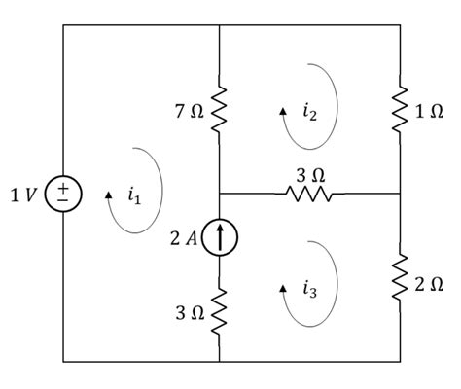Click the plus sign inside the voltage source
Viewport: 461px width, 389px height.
(63, 188)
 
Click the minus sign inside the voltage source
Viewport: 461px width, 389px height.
(63, 200)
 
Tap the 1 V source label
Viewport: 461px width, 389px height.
(24, 194)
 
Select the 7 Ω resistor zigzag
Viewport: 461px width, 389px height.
(220, 111)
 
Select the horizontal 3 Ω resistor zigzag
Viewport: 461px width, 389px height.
(310, 194)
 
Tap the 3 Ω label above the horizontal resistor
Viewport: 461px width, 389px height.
(310, 175)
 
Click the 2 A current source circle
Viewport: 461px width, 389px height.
(220, 235)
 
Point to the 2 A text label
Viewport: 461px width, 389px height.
(185, 236)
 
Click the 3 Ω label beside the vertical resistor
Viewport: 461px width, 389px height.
(190, 312)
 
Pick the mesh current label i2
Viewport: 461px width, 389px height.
(309, 113)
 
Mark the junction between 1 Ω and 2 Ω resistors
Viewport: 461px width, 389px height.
(401, 194)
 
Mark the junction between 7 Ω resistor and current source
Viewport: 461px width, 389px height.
(220, 194)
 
